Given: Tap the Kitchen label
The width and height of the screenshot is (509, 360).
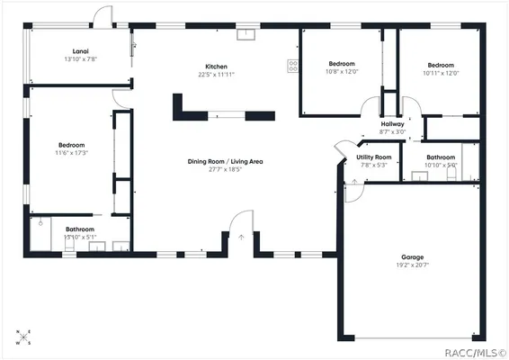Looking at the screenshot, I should point(216,67).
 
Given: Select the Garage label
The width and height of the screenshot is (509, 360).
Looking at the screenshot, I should point(413,256).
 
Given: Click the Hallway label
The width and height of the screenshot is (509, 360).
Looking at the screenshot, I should point(392,123).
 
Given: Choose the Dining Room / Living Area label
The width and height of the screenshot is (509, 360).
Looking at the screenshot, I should point(225,161).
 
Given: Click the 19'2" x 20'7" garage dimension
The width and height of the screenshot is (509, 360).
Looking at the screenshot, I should point(413,265).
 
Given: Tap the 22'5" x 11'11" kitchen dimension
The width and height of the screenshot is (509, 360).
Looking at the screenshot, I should point(216,76).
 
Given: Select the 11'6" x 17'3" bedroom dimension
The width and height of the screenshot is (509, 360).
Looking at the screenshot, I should point(72,154).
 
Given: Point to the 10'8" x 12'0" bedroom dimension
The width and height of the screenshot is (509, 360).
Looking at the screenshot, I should point(342,73).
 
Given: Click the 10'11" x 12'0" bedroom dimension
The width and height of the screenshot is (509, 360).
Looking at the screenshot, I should point(441,74).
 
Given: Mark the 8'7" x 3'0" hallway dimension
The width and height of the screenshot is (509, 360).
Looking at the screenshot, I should point(392,131).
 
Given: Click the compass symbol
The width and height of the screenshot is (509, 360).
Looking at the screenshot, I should point(22,337).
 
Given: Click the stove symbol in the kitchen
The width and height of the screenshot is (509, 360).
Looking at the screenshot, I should point(293,65).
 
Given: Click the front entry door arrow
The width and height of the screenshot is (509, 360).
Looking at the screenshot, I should point(240,238).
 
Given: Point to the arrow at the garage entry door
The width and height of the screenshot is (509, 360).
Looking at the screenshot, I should point(353,183).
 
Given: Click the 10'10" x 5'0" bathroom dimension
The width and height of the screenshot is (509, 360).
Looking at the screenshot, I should point(441,166).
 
